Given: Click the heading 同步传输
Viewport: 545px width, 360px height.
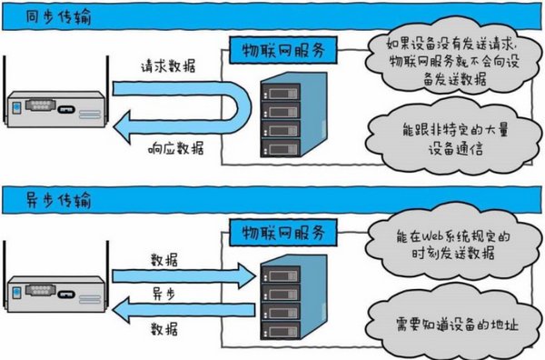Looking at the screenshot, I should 37,16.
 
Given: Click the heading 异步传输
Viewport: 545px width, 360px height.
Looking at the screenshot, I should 37,197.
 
